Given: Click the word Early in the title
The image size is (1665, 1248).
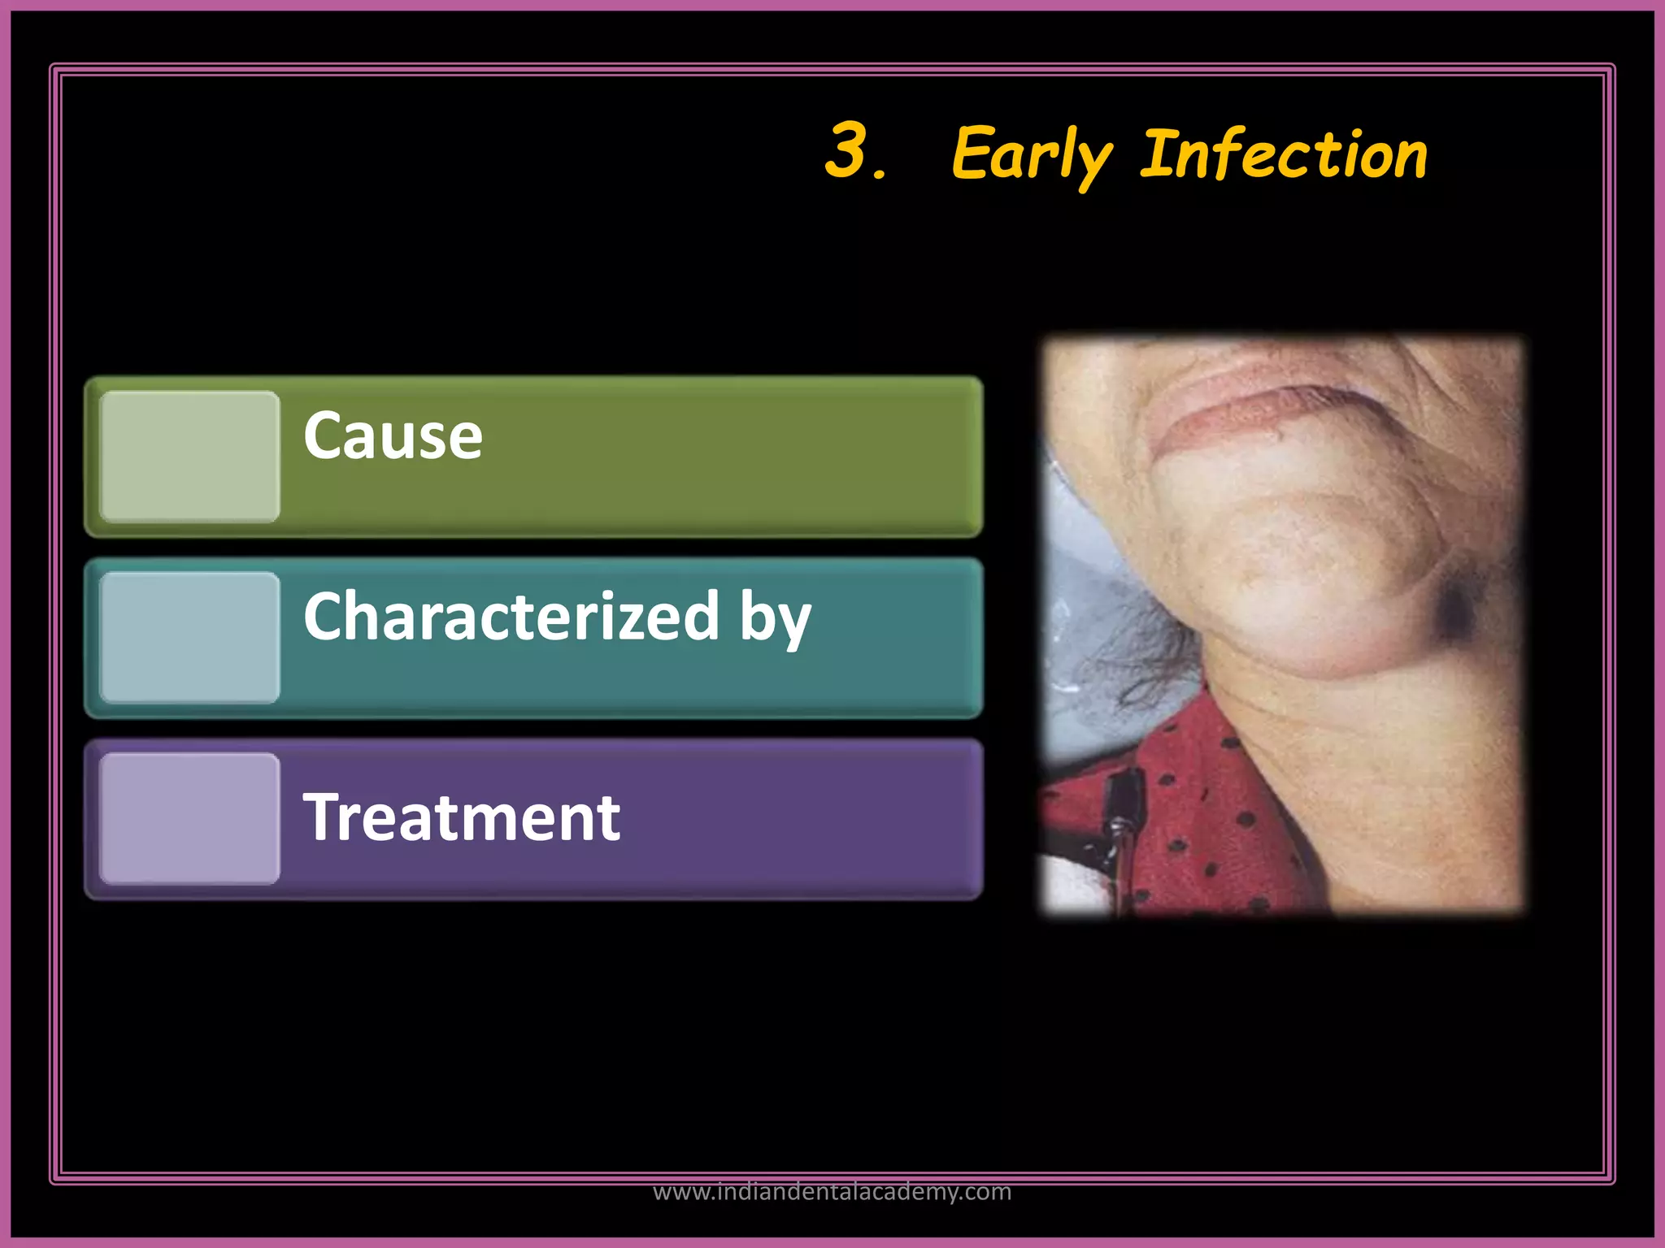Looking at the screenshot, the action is click(x=1031, y=156).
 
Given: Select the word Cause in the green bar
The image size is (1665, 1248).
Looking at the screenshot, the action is click(x=393, y=436).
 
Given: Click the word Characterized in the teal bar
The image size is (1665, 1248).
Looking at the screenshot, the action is click(x=511, y=616).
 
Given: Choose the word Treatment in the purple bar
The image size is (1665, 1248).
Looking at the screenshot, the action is click(x=461, y=817).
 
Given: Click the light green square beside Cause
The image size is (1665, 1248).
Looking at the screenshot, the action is click(x=189, y=456).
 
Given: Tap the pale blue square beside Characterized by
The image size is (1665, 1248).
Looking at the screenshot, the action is click(x=189, y=637).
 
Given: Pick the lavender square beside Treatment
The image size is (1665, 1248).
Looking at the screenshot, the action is click(x=189, y=818).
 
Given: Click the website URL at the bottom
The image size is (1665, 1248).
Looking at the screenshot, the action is click(x=832, y=1191).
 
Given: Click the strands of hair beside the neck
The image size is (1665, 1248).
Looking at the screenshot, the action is click(x=1138, y=658).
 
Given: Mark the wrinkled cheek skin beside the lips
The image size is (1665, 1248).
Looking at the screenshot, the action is click(x=1455, y=422).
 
